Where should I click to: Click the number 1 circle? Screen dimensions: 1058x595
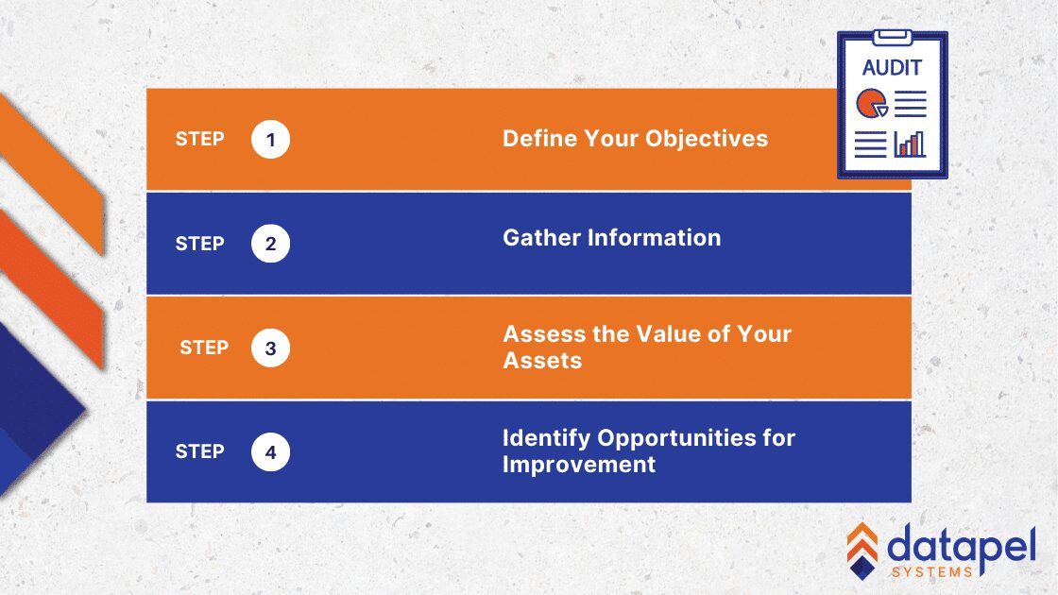click(x=270, y=139)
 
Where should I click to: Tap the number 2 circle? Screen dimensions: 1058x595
click(x=270, y=244)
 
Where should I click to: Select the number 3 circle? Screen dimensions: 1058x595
click(x=270, y=348)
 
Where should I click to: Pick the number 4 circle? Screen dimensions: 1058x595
click(x=270, y=452)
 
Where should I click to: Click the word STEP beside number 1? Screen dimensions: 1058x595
click(x=199, y=139)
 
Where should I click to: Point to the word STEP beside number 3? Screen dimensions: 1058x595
click(x=204, y=348)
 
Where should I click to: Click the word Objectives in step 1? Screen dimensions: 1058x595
click(x=707, y=139)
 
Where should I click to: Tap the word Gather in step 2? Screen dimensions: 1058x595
click(x=542, y=237)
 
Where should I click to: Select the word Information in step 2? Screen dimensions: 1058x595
click(x=654, y=237)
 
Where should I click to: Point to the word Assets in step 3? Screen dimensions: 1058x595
click(x=542, y=360)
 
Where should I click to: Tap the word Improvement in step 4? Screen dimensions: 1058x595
click(x=579, y=464)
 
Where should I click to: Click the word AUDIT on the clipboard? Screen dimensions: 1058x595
click(x=892, y=67)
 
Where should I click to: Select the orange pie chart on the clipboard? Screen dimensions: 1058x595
click(x=872, y=103)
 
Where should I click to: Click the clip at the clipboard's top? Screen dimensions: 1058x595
click(x=892, y=37)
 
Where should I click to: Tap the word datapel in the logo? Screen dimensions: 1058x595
click(x=962, y=547)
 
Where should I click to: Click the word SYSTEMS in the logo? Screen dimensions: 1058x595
click(x=931, y=572)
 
